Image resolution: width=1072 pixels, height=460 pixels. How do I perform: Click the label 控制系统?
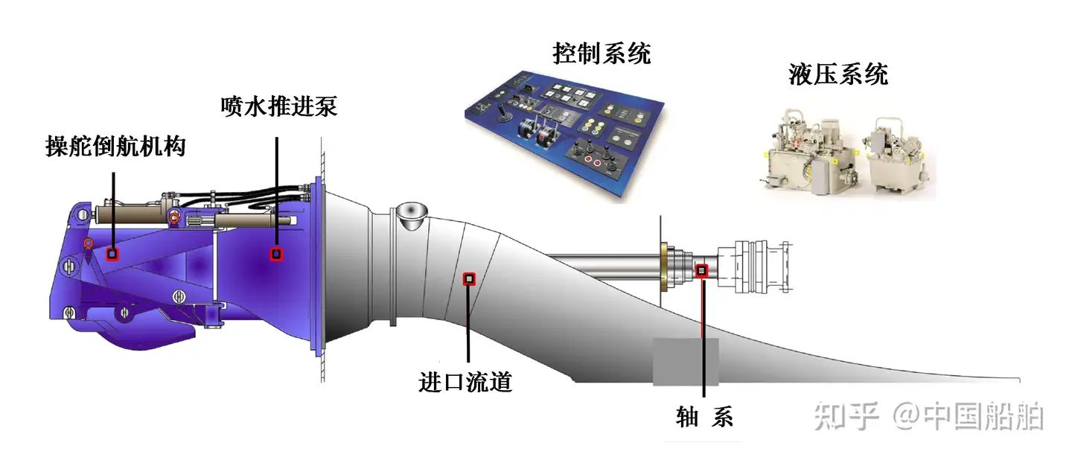[602, 54]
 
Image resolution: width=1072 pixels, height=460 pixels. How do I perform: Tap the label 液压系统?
[837, 74]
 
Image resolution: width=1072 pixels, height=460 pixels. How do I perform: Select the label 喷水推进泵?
[279, 106]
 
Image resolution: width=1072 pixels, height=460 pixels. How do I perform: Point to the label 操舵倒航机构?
[115, 147]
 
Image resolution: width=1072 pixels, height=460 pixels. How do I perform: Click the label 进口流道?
[465, 383]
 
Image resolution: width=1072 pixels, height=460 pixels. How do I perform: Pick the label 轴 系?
[704, 417]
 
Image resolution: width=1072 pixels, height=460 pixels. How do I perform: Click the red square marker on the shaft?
[701, 270]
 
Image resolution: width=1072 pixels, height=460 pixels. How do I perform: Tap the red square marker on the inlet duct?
[469, 279]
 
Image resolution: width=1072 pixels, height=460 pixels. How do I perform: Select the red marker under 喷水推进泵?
[276, 254]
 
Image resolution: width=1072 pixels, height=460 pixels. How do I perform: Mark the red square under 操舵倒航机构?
[112, 254]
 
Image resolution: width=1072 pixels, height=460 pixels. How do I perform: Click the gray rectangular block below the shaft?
[686, 362]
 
